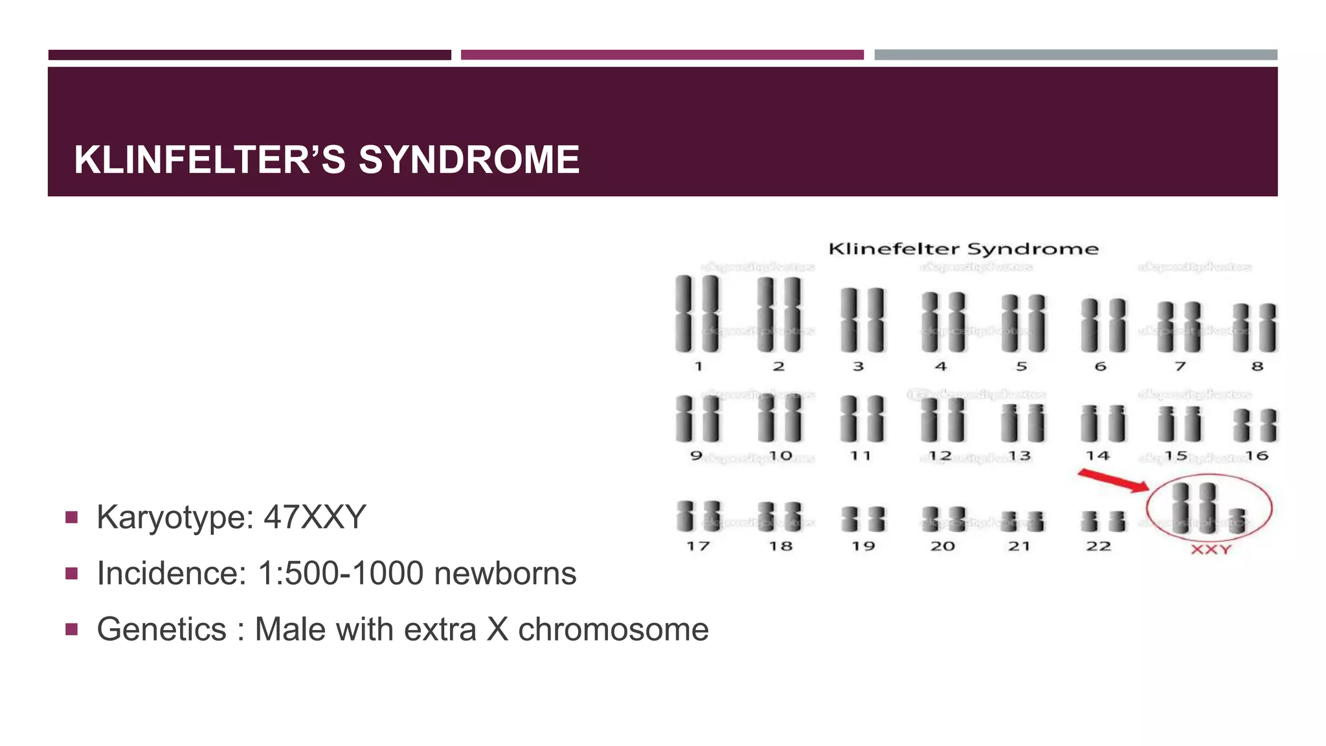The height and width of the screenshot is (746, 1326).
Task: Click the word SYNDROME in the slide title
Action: pyautogui.click(x=469, y=160)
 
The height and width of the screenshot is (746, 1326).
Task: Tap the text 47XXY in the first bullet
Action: pyautogui.click(x=315, y=517)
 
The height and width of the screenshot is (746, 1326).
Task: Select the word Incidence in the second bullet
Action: pyautogui.click(x=171, y=574)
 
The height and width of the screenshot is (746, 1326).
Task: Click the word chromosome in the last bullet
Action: pyautogui.click(x=613, y=629)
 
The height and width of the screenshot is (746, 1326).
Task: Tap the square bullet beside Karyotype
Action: pyautogui.click(x=72, y=517)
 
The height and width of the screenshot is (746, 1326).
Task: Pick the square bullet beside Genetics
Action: pyautogui.click(x=72, y=629)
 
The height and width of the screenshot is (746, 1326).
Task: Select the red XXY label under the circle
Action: pyautogui.click(x=1211, y=550)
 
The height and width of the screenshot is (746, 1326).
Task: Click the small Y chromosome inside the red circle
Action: pyautogui.click(x=1237, y=521)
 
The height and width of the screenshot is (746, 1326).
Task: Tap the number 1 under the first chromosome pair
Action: pyautogui.click(x=699, y=367)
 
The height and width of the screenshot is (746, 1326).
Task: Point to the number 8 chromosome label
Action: pyautogui.click(x=1257, y=367)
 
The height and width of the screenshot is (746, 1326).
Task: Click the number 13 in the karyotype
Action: pyautogui.click(x=1019, y=456)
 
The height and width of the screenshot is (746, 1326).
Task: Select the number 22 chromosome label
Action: pyautogui.click(x=1099, y=547)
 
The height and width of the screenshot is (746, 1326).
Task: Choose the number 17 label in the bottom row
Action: pyautogui.click(x=698, y=547)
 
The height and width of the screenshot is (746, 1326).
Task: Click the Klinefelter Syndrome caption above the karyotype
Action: pyautogui.click(x=963, y=249)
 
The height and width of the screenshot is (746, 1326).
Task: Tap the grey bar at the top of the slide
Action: pyautogui.click(x=1075, y=55)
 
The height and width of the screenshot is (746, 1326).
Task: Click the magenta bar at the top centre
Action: pyautogui.click(x=662, y=55)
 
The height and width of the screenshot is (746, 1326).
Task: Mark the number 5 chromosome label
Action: pyautogui.click(x=1022, y=367)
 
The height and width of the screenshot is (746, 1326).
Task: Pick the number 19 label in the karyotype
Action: pyautogui.click(x=863, y=547)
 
